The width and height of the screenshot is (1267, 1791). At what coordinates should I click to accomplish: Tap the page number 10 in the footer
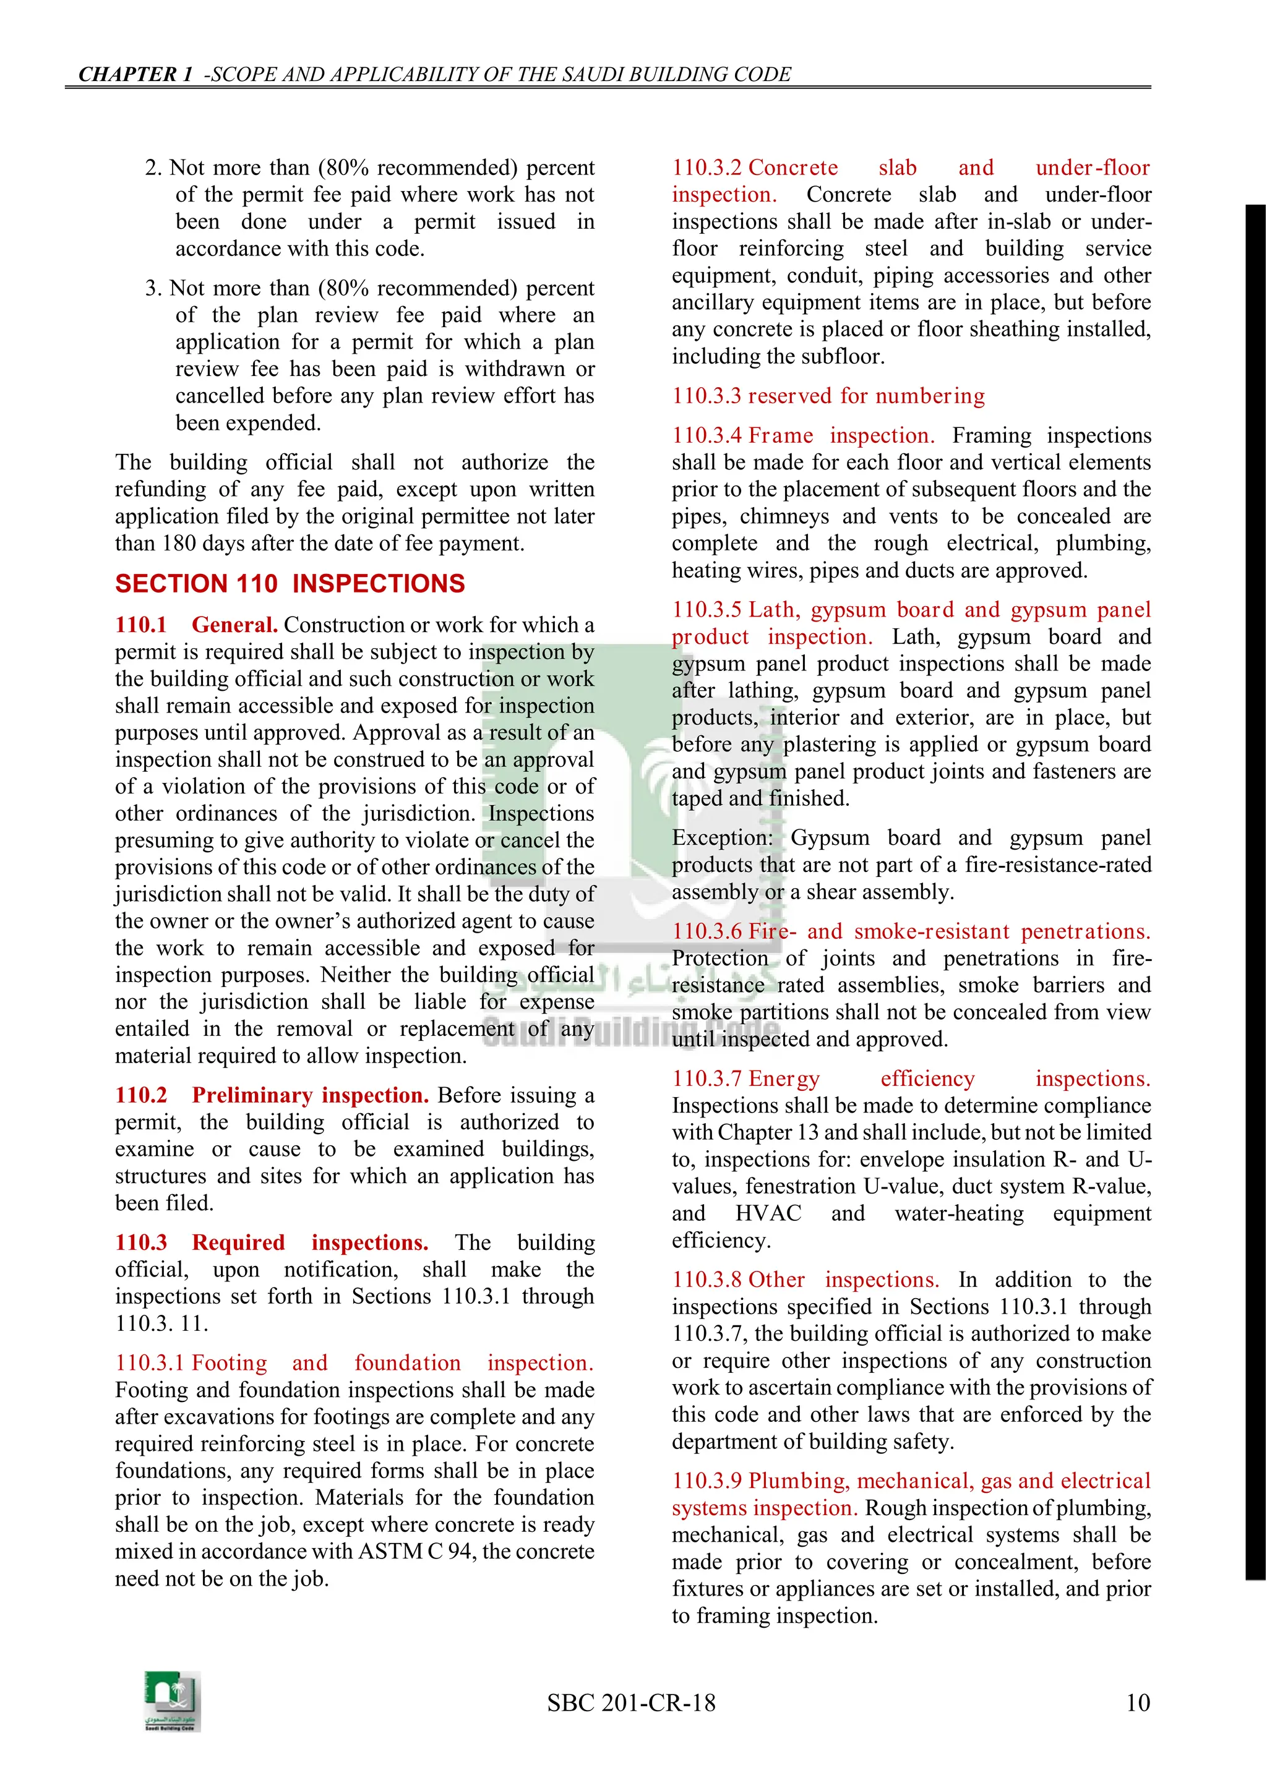pyautogui.click(x=1138, y=1702)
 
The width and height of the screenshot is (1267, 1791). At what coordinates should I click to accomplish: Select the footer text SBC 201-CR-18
pyautogui.click(x=631, y=1702)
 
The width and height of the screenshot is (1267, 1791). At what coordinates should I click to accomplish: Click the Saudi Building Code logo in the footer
pyautogui.click(x=173, y=1701)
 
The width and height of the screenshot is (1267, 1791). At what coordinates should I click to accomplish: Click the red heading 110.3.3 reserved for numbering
pyautogui.click(x=828, y=396)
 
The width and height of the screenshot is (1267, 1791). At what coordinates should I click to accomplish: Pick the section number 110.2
pyautogui.click(x=141, y=1095)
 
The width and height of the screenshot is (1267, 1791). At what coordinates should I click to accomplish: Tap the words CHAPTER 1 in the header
pyautogui.click(x=135, y=74)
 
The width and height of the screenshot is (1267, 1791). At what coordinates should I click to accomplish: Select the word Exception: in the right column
pyautogui.click(x=723, y=838)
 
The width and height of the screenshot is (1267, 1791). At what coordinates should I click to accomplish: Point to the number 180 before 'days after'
pyautogui.click(x=179, y=543)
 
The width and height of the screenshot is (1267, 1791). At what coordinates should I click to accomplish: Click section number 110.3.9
pyautogui.click(x=707, y=1481)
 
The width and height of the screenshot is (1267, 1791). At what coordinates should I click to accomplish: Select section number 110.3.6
pyautogui.click(x=707, y=931)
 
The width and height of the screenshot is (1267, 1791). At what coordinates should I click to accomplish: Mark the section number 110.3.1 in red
pyautogui.click(x=150, y=1363)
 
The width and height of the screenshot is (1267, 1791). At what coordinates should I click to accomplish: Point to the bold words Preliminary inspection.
pyautogui.click(x=311, y=1095)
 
